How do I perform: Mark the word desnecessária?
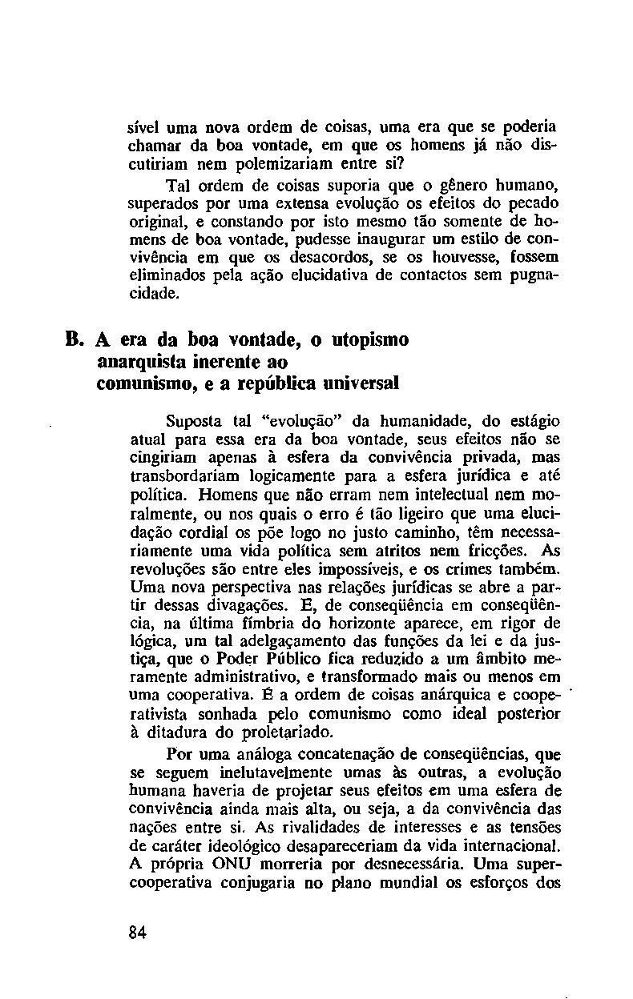pos(411,865)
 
